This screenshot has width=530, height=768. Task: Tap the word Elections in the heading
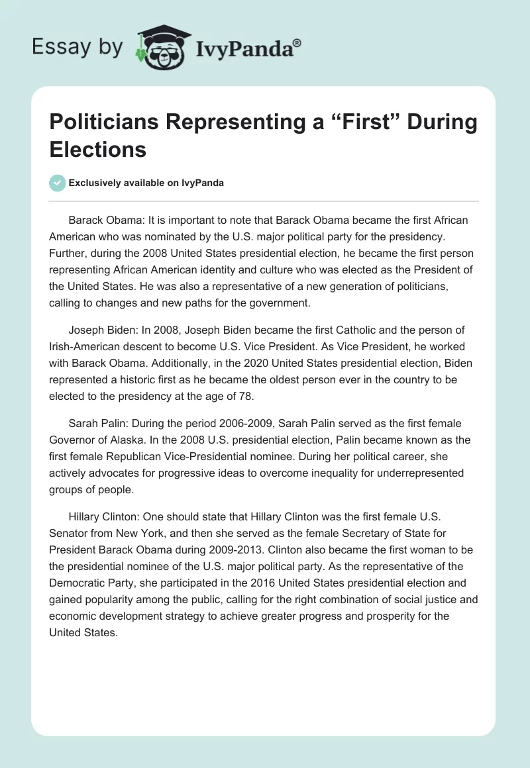click(x=97, y=149)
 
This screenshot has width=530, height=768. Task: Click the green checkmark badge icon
click(x=58, y=183)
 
